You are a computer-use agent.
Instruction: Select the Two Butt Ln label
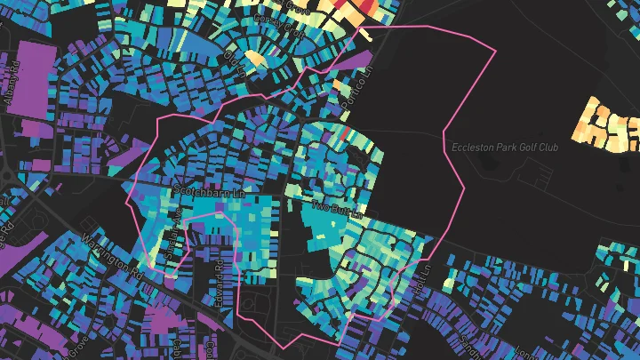tap(337, 210)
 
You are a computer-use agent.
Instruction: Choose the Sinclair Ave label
tap(174, 229)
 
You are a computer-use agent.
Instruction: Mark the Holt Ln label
tap(422, 276)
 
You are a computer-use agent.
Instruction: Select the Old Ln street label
tap(234, 64)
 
